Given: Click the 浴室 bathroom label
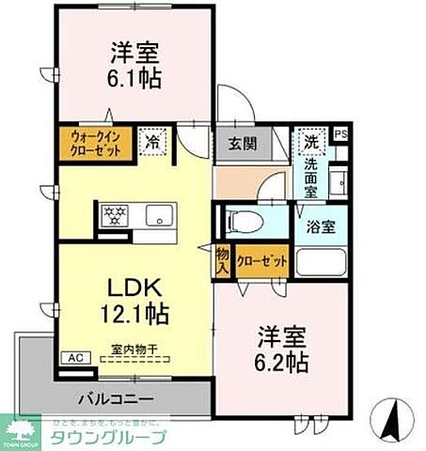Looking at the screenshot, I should (x=324, y=226).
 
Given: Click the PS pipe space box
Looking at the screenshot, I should (x=340, y=135).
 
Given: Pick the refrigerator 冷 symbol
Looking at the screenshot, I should (x=152, y=143).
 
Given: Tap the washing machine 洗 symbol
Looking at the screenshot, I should (x=311, y=143).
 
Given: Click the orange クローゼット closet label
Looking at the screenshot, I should (x=260, y=262).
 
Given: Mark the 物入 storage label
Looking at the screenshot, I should (x=222, y=260).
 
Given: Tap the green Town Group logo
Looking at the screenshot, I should (x=20, y=434).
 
